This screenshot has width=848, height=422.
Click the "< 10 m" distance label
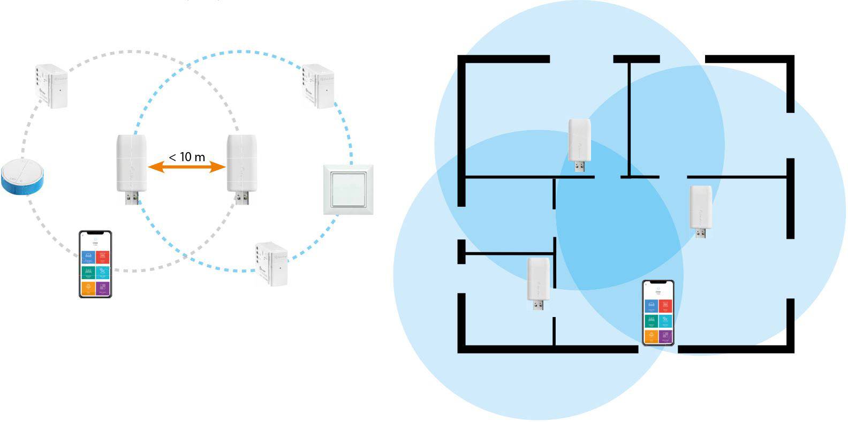coord(187,157)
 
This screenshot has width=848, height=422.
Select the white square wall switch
coord(348,190)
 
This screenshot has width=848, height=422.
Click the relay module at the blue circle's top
coord(319,86)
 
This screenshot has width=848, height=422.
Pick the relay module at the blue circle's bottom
coord(271,263)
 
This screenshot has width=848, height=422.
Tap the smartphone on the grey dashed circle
coord(95,263)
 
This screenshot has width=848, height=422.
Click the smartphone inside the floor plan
coord(658,313)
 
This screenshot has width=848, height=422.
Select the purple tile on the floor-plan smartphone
coord(665,336)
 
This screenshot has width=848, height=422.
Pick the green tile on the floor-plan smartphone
coord(651,321)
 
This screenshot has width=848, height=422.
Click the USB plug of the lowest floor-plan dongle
coord(539,305)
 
